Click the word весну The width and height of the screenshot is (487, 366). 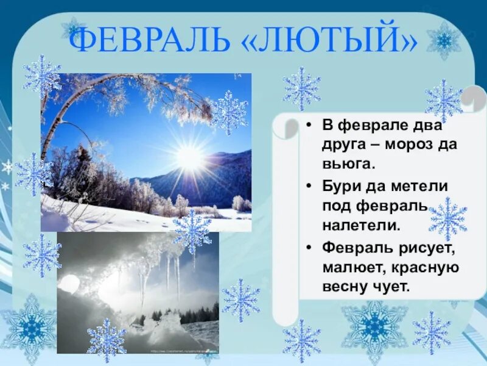pyautogui.click(x=345, y=286)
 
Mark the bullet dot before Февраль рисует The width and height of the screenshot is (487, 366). pyautogui.click(x=309, y=248)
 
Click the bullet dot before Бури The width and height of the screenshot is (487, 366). pyautogui.click(x=309, y=186)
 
